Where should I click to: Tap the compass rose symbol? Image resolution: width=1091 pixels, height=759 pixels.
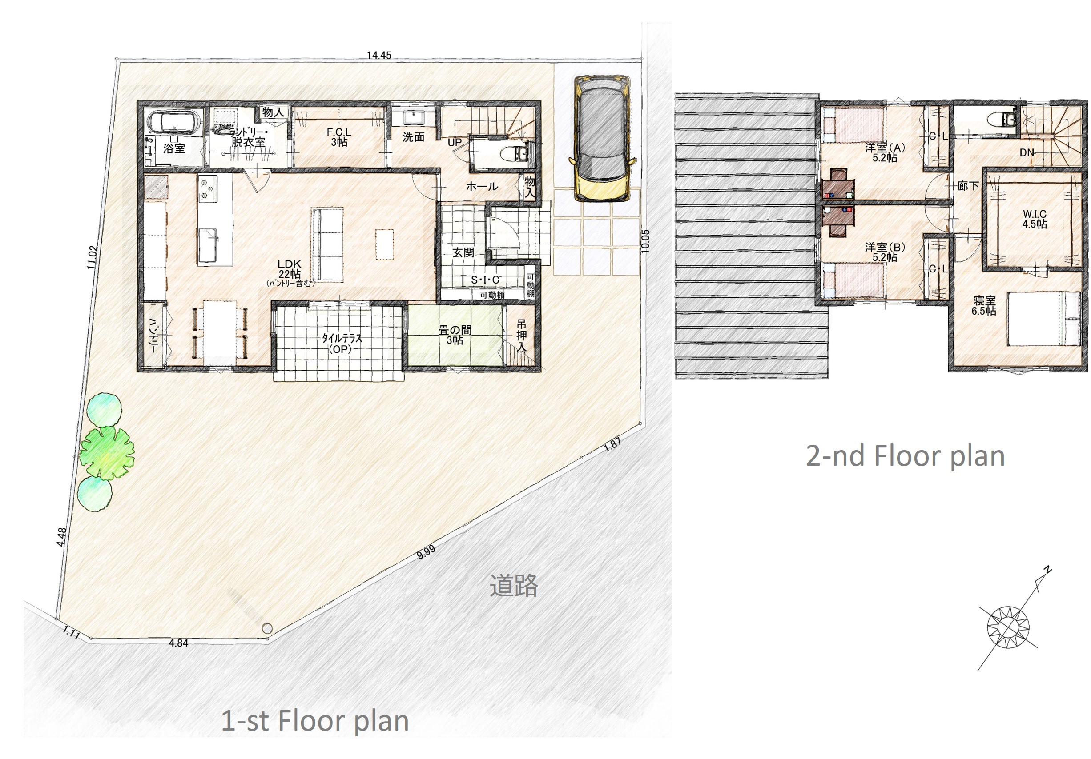pos(1008,627)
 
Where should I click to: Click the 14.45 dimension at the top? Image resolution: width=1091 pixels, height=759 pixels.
pos(378,56)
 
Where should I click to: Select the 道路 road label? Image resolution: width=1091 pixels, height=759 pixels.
pos(514,585)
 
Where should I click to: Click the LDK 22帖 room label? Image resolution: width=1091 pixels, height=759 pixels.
pos(290,269)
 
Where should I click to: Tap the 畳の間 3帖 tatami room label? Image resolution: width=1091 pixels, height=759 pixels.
pos(455,335)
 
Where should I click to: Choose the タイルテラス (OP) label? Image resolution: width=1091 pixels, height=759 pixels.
pos(342,343)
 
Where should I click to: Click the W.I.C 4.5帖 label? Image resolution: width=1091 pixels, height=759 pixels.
pos(1035,219)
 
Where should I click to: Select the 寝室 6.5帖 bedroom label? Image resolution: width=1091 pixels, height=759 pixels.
pos(985,306)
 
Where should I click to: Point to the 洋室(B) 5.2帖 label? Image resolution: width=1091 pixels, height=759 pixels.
pos(885,252)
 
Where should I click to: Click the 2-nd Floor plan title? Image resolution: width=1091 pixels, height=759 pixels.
pos(905,457)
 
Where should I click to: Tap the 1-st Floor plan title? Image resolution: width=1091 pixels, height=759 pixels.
pos(315,721)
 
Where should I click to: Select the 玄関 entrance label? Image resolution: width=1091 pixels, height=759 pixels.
pos(463,252)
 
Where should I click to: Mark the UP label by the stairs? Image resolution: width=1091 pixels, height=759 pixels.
pos(455,142)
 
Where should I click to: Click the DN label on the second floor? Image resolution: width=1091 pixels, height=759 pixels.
pos(1027,152)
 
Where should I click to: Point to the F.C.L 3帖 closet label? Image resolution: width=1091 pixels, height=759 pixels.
pos(339,137)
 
